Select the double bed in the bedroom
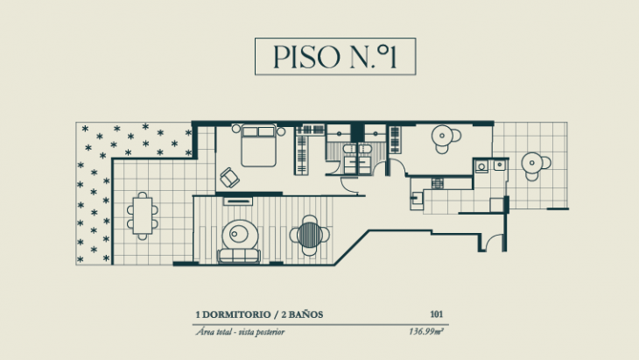pyautogui.click(x=258, y=146)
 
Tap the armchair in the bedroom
pyautogui.click(x=230, y=177)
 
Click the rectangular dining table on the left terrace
pyautogui.click(x=142, y=215)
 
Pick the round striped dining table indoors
pyautogui.click(x=310, y=233)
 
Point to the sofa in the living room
pyautogui.click(x=239, y=256)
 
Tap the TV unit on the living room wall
pyautogui.click(x=238, y=201)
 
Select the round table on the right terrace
pyautogui.click(x=531, y=164)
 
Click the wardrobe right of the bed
pyautogui.click(x=303, y=149)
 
